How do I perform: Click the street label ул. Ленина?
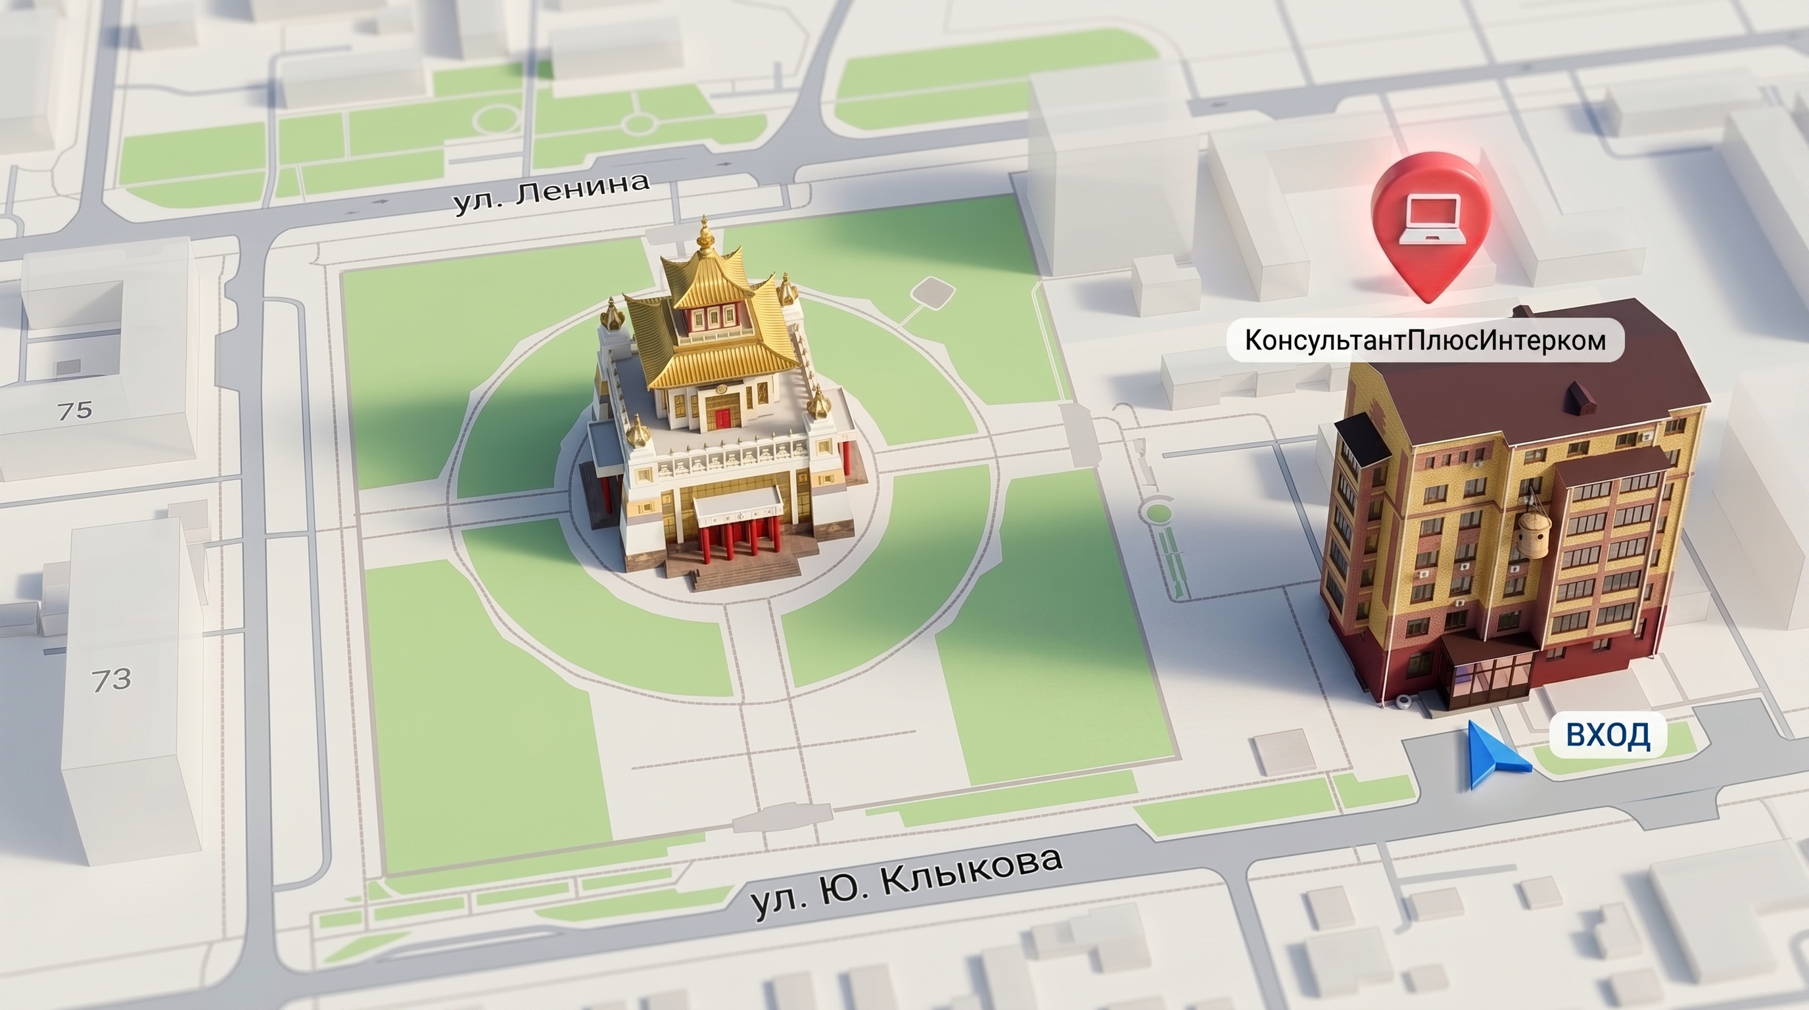[x=552, y=193]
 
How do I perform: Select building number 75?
[x=75, y=410]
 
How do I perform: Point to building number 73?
[x=112, y=679]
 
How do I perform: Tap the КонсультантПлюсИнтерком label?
[x=1425, y=341]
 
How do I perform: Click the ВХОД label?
[x=1607, y=734]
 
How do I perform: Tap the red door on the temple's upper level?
[x=722, y=420]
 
